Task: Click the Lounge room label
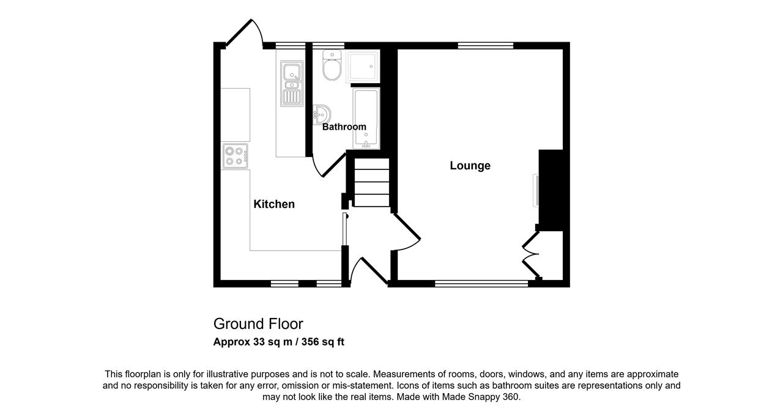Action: click(x=470, y=166)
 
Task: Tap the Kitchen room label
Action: click(x=274, y=204)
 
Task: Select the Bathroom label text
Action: click(x=344, y=127)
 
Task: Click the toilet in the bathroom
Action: click(x=332, y=65)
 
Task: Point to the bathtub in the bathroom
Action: click(x=366, y=119)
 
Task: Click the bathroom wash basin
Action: click(x=322, y=114)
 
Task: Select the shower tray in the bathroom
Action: click(x=363, y=67)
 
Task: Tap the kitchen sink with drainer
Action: click(x=292, y=84)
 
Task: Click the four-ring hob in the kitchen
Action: click(x=235, y=156)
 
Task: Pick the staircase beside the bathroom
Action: click(x=371, y=182)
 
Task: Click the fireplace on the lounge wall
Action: click(x=535, y=190)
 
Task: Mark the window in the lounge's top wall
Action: click(x=486, y=45)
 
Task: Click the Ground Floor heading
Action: click(x=258, y=323)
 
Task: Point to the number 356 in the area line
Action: click(x=310, y=342)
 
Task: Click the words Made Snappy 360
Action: click(x=480, y=397)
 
